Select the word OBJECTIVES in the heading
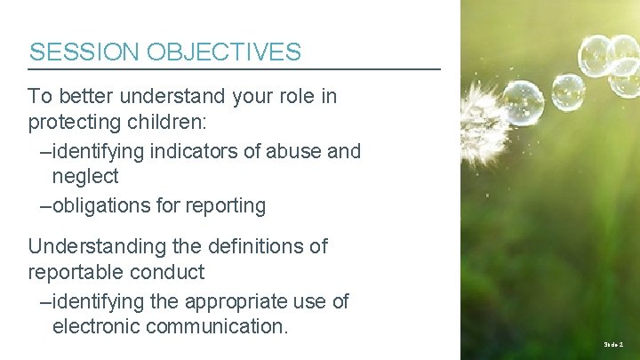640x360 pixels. [224, 52]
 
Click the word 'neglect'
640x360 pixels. [85, 176]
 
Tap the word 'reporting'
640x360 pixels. [225, 206]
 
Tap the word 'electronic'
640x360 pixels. [95, 326]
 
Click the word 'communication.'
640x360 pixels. [216, 326]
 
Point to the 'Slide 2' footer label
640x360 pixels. [614, 343]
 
